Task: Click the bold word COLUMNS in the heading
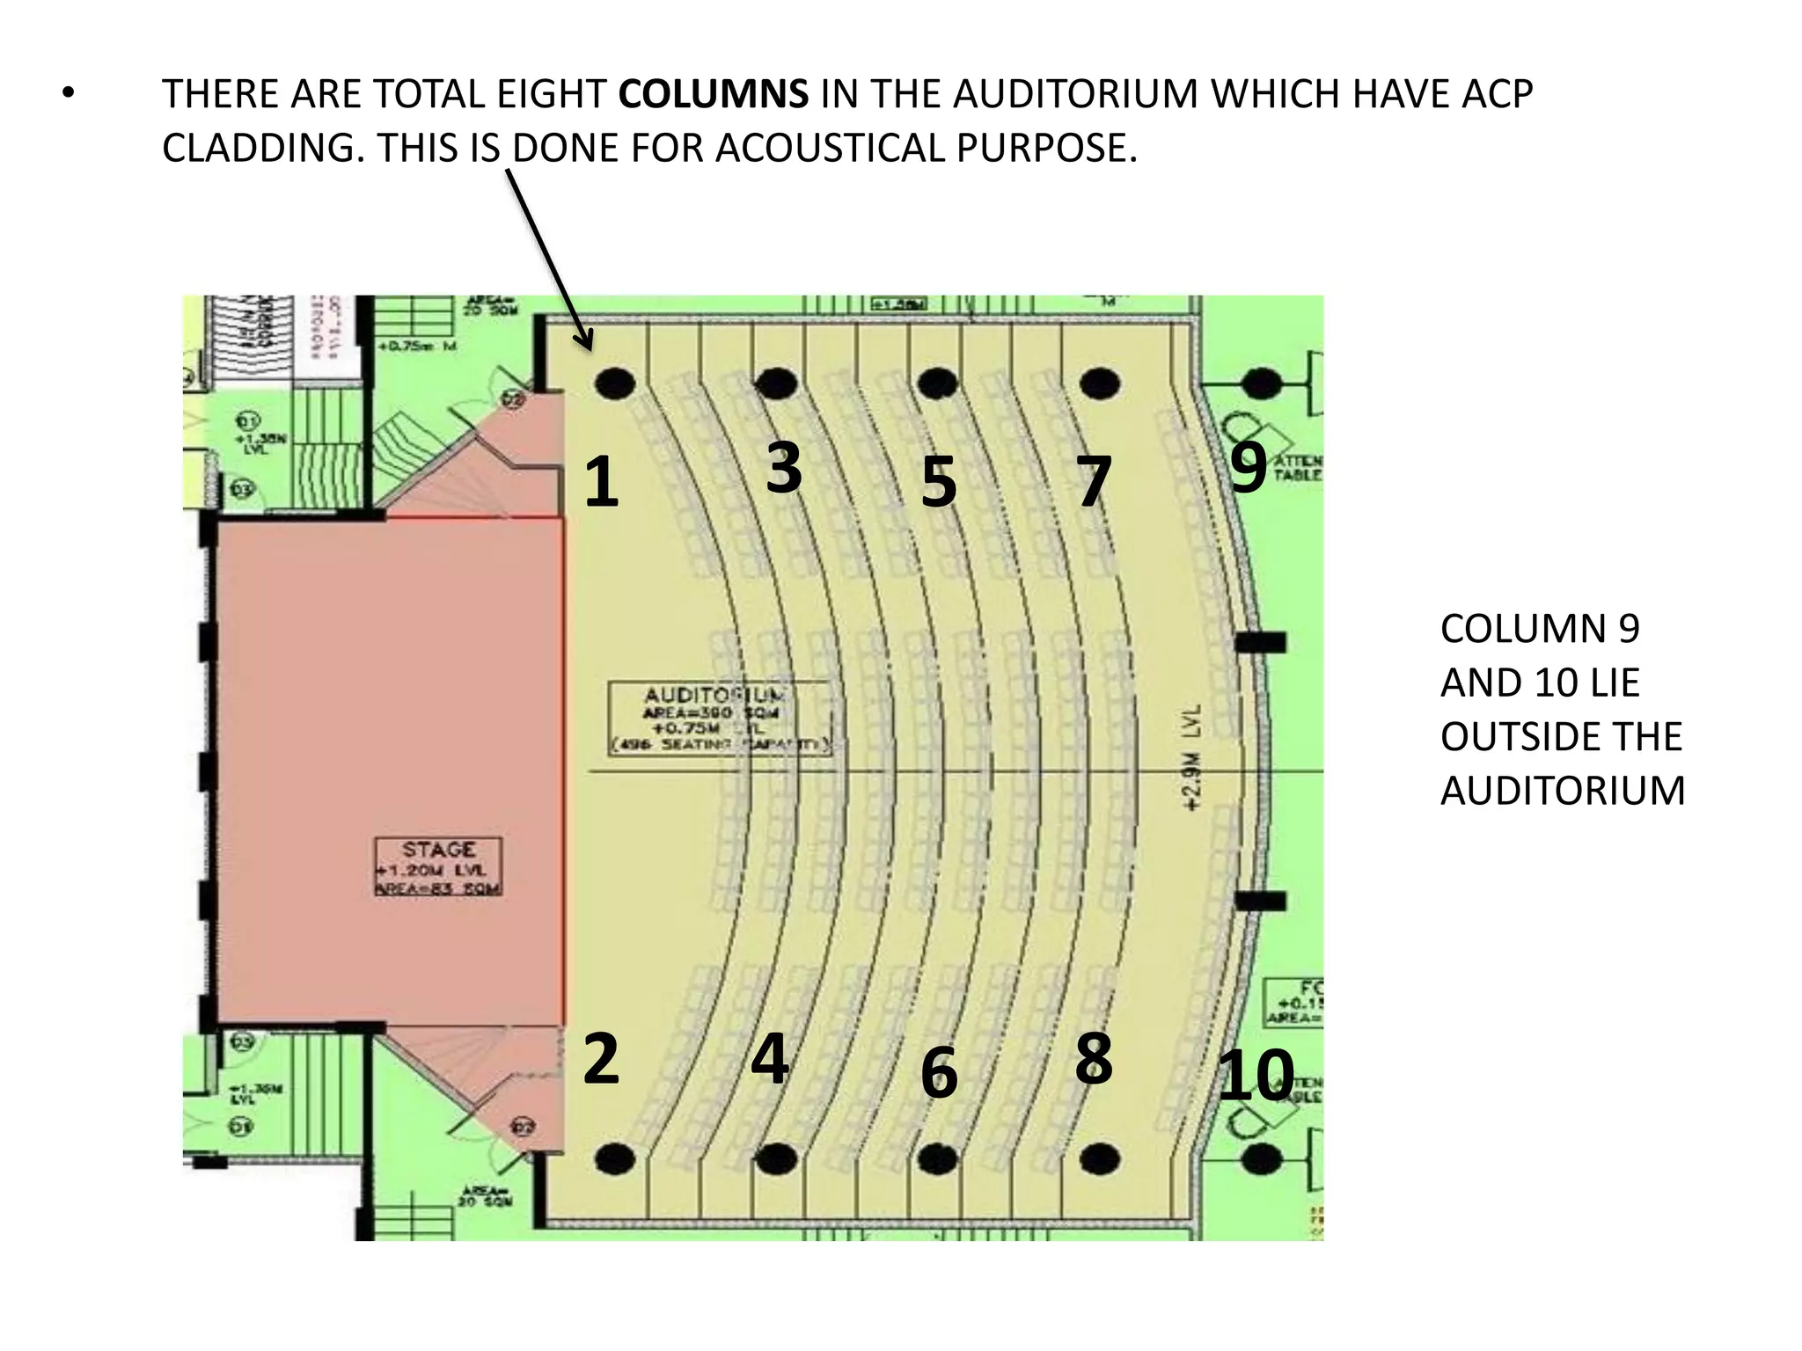coord(713,94)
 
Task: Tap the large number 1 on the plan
coord(602,482)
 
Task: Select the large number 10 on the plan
coord(1256,1075)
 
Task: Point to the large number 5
coord(938,482)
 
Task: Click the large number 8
coord(1094,1058)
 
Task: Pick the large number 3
coord(783,467)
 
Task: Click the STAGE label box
coord(438,867)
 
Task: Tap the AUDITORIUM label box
coord(720,718)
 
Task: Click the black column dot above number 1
coord(614,383)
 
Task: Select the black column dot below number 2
coord(614,1159)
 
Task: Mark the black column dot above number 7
coord(1099,383)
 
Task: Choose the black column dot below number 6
coord(938,1159)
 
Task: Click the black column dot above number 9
coord(1262,383)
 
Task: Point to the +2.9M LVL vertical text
coord(1192,756)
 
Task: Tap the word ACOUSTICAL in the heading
coord(831,148)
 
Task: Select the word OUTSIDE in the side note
coord(1560,736)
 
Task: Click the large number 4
coord(770,1058)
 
